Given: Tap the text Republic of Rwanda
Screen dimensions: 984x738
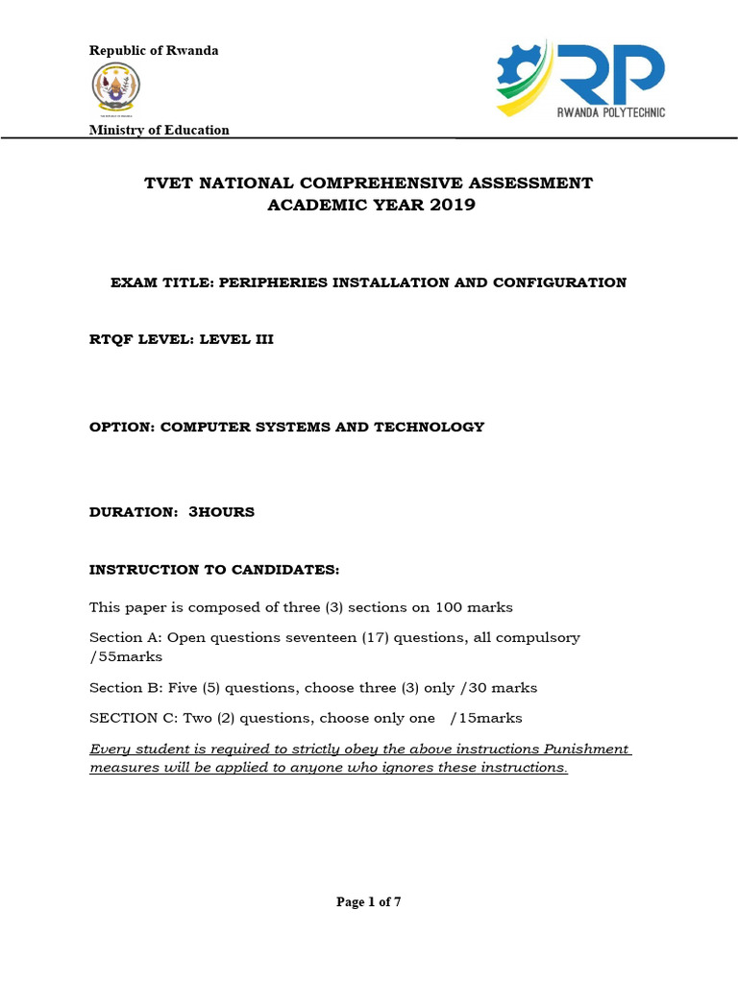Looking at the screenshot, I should pyautogui.click(x=154, y=50).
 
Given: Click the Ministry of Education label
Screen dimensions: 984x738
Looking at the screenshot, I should pyautogui.click(x=160, y=130).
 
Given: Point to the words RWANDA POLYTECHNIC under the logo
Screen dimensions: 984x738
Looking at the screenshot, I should pyautogui.click(x=611, y=112).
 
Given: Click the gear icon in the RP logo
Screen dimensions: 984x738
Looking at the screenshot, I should pyautogui.click(x=519, y=73).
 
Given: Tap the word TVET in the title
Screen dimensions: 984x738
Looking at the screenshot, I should pyautogui.click(x=168, y=183).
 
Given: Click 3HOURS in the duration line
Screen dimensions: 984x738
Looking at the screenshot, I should pyautogui.click(x=221, y=512).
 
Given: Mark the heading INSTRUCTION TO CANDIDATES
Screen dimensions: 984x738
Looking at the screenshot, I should pyautogui.click(x=214, y=570).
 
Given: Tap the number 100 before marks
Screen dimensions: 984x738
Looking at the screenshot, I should pyautogui.click(x=450, y=607).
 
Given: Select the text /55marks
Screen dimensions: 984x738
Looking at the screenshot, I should pyautogui.click(x=126, y=657).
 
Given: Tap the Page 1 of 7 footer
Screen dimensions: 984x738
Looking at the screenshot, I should pyautogui.click(x=368, y=901).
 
